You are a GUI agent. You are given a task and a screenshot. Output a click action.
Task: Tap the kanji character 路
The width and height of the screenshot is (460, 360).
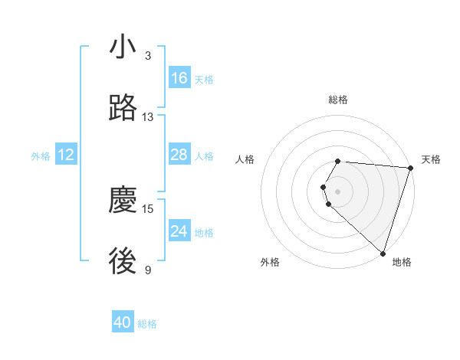123,109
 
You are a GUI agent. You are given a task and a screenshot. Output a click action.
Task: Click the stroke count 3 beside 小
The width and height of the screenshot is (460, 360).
148,56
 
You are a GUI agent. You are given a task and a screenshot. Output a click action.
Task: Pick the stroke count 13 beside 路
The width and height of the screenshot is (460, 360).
148,117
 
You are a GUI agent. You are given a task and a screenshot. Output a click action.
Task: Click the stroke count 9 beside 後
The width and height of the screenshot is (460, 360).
148,270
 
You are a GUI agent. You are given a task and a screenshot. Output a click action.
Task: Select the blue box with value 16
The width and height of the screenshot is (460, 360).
179,78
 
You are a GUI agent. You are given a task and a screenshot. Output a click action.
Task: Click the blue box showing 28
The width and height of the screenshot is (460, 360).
179,155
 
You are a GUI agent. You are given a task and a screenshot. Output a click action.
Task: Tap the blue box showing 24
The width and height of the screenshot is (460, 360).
179,231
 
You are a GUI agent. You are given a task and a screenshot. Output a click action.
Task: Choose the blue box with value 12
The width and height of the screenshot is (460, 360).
66,155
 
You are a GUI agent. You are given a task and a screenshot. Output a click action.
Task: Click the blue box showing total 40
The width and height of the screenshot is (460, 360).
123,323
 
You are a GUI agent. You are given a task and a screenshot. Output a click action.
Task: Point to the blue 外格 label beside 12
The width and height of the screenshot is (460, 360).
41,156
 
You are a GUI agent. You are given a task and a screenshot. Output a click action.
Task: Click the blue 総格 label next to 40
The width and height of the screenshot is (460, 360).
147,324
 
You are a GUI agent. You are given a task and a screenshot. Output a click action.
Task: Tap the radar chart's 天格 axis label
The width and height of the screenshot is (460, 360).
431,159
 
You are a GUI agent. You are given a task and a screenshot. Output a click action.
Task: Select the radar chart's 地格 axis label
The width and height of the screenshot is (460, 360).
402,262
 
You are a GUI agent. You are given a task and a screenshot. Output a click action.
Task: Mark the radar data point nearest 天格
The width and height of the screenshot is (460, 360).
411,168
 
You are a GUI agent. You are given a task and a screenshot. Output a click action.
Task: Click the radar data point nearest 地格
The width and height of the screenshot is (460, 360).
383,254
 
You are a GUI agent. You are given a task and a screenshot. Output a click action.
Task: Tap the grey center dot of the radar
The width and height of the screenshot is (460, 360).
338,191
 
